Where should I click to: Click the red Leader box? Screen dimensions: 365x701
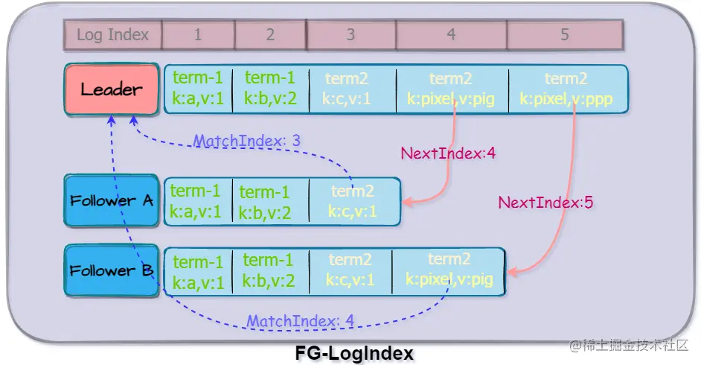(x=112, y=89)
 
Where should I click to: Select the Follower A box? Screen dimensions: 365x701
(x=112, y=200)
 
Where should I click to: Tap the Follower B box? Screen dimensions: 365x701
(x=112, y=270)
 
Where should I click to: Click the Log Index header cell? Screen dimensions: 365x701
(x=112, y=34)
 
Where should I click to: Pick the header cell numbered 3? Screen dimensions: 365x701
(x=350, y=34)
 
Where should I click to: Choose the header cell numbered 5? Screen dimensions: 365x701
(x=564, y=34)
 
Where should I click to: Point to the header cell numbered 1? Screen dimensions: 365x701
(x=198, y=34)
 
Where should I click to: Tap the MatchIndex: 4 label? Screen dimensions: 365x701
(x=301, y=322)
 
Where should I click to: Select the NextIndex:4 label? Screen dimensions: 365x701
(x=448, y=154)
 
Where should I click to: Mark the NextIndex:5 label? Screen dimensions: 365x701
(x=545, y=202)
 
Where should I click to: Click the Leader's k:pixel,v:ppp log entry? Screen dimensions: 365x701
(x=566, y=89)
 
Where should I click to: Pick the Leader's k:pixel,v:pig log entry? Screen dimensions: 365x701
(x=452, y=89)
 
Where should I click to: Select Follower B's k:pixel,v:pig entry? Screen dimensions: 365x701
(x=449, y=270)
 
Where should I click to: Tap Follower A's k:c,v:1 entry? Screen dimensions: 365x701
(x=353, y=201)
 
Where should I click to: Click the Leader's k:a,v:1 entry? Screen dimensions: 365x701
(x=197, y=89)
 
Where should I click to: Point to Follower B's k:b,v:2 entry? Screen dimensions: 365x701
(x=269, y=270)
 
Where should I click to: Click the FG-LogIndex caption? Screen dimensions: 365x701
(x=353, y=353)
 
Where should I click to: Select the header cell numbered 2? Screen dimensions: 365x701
(x=270, y=34)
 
